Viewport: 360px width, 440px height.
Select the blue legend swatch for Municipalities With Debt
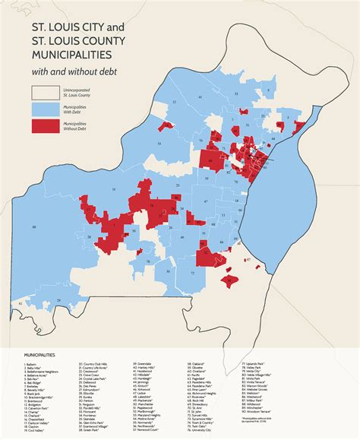(x=46, y=109)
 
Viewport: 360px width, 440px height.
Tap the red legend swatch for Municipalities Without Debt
(x=46, y=126)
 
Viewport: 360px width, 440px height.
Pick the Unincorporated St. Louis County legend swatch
(x=46, y=92)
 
